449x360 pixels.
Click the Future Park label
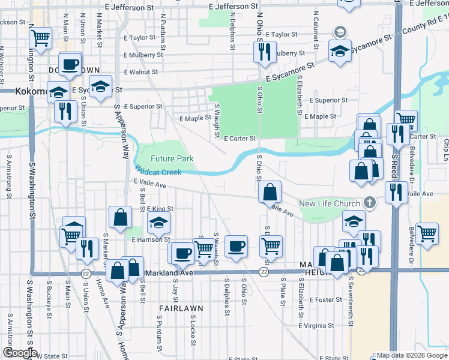coord(172,158)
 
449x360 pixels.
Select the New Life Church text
coord(330,203)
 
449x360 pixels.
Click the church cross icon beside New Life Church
coord(370,203)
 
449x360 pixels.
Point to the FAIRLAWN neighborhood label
coord(181,308)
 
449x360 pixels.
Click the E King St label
coord(160,209)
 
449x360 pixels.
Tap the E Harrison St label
coord(151,239)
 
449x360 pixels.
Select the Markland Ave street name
coord(169,273)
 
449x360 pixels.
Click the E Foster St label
coord(326,299)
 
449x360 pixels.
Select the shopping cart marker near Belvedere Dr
coord(427,233)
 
